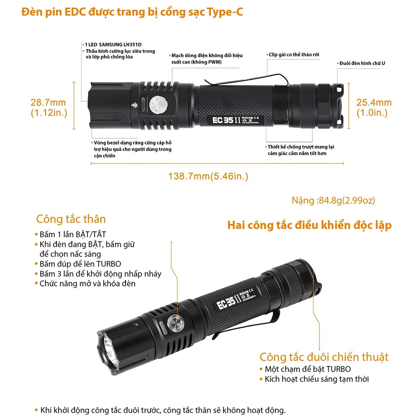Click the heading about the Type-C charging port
(132, 12)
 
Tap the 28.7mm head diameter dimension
(49, 108)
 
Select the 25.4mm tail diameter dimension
(374, 108)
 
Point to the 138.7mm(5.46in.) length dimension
(208, 176)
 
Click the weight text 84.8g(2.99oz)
(333, 200)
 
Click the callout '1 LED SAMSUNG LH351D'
(112, 45)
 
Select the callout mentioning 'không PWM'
(206, 59)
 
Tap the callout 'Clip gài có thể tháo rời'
(293, 54)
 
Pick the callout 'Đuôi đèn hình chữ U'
(361, 63)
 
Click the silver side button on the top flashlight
(158, 105)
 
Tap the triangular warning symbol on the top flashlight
(134, 105)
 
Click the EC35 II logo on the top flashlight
(227, 120)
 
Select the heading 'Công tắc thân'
(71, 219)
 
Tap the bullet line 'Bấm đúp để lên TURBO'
(78, 264)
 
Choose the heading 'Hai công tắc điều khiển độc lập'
(309, 225)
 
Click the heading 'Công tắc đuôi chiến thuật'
(324, 357)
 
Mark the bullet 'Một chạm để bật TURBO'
(305, 369)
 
